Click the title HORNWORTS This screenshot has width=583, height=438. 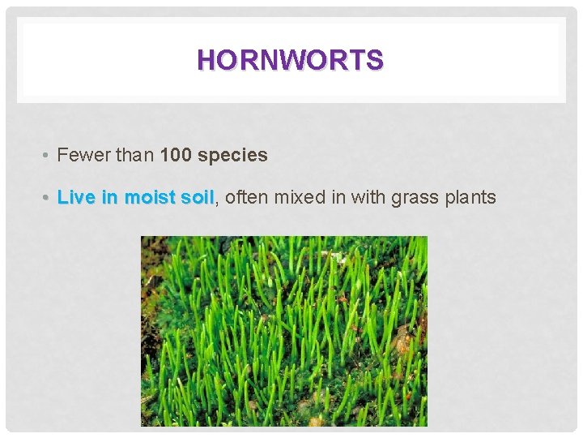coord(291,60)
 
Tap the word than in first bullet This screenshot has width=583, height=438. coord(134,155)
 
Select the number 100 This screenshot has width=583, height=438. coord(177,155)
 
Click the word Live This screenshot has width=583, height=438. coord(74,197)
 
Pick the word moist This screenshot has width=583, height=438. coord(147,197)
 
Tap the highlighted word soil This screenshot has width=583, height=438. coord(198,197)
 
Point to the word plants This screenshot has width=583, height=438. coord(470,197)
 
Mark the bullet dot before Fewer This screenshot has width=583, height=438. coord(49,156)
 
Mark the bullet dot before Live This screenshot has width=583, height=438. coord(49,198)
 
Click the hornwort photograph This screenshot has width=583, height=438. coord(283,331)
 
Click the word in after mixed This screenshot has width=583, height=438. coord(338,197)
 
